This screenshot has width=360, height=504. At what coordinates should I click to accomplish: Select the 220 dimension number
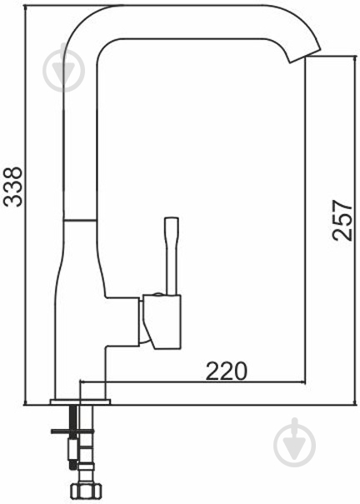226,371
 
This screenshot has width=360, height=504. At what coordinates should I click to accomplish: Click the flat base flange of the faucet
80,402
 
